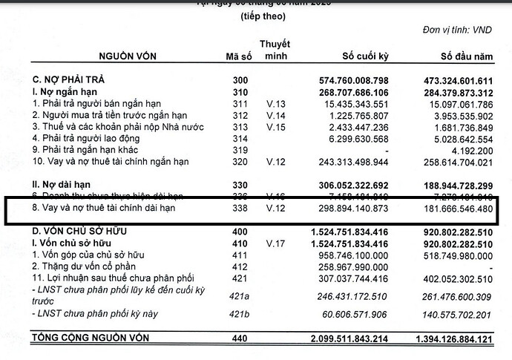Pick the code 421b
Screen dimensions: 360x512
click(x=240, y=315)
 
